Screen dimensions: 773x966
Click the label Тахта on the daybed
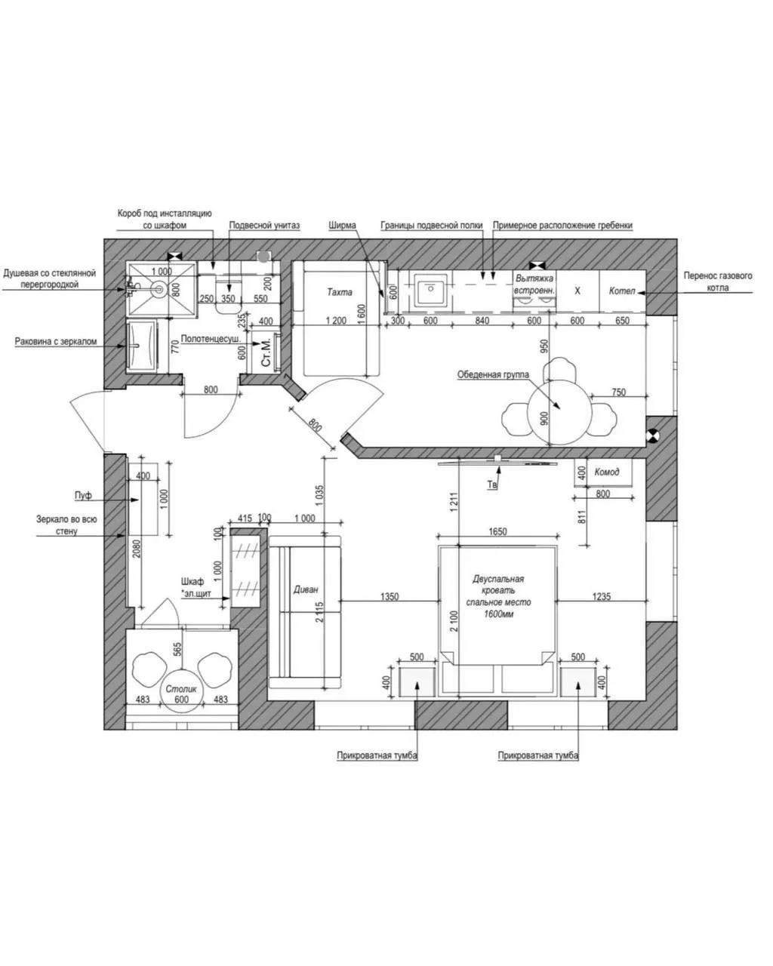tap(339, 292)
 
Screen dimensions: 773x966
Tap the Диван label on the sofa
tap(306, 589)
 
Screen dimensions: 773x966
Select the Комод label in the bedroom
tap(606, 472)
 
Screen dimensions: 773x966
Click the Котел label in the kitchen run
tap(621, 291)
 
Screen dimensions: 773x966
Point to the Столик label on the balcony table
tap(181, 689)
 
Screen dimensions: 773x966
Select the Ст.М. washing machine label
tap(266, 353)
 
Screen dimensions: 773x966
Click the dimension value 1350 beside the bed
tap(390, 596)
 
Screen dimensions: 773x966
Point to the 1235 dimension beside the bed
tap(602, 596)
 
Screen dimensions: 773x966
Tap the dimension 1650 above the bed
tap(497, 531)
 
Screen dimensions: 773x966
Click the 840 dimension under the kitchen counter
tap(482, 321)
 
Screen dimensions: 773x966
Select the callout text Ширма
tap(342, 225)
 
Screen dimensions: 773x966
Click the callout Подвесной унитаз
tap(264, 225)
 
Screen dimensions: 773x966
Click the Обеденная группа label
tap(493, 374)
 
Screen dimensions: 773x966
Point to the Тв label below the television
tap(492, 485)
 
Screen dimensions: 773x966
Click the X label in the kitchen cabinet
tap(577, 291)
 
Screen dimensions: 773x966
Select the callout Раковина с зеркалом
tap(56, 341)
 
